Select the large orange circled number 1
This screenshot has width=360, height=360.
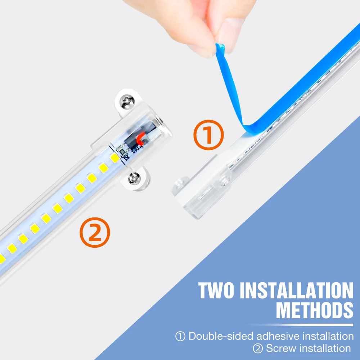pos(208,135)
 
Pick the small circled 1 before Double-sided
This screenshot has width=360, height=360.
pos(180,337)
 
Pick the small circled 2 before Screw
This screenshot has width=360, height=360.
pos(258,348)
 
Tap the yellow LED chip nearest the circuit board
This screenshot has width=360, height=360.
pos(114,158)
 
